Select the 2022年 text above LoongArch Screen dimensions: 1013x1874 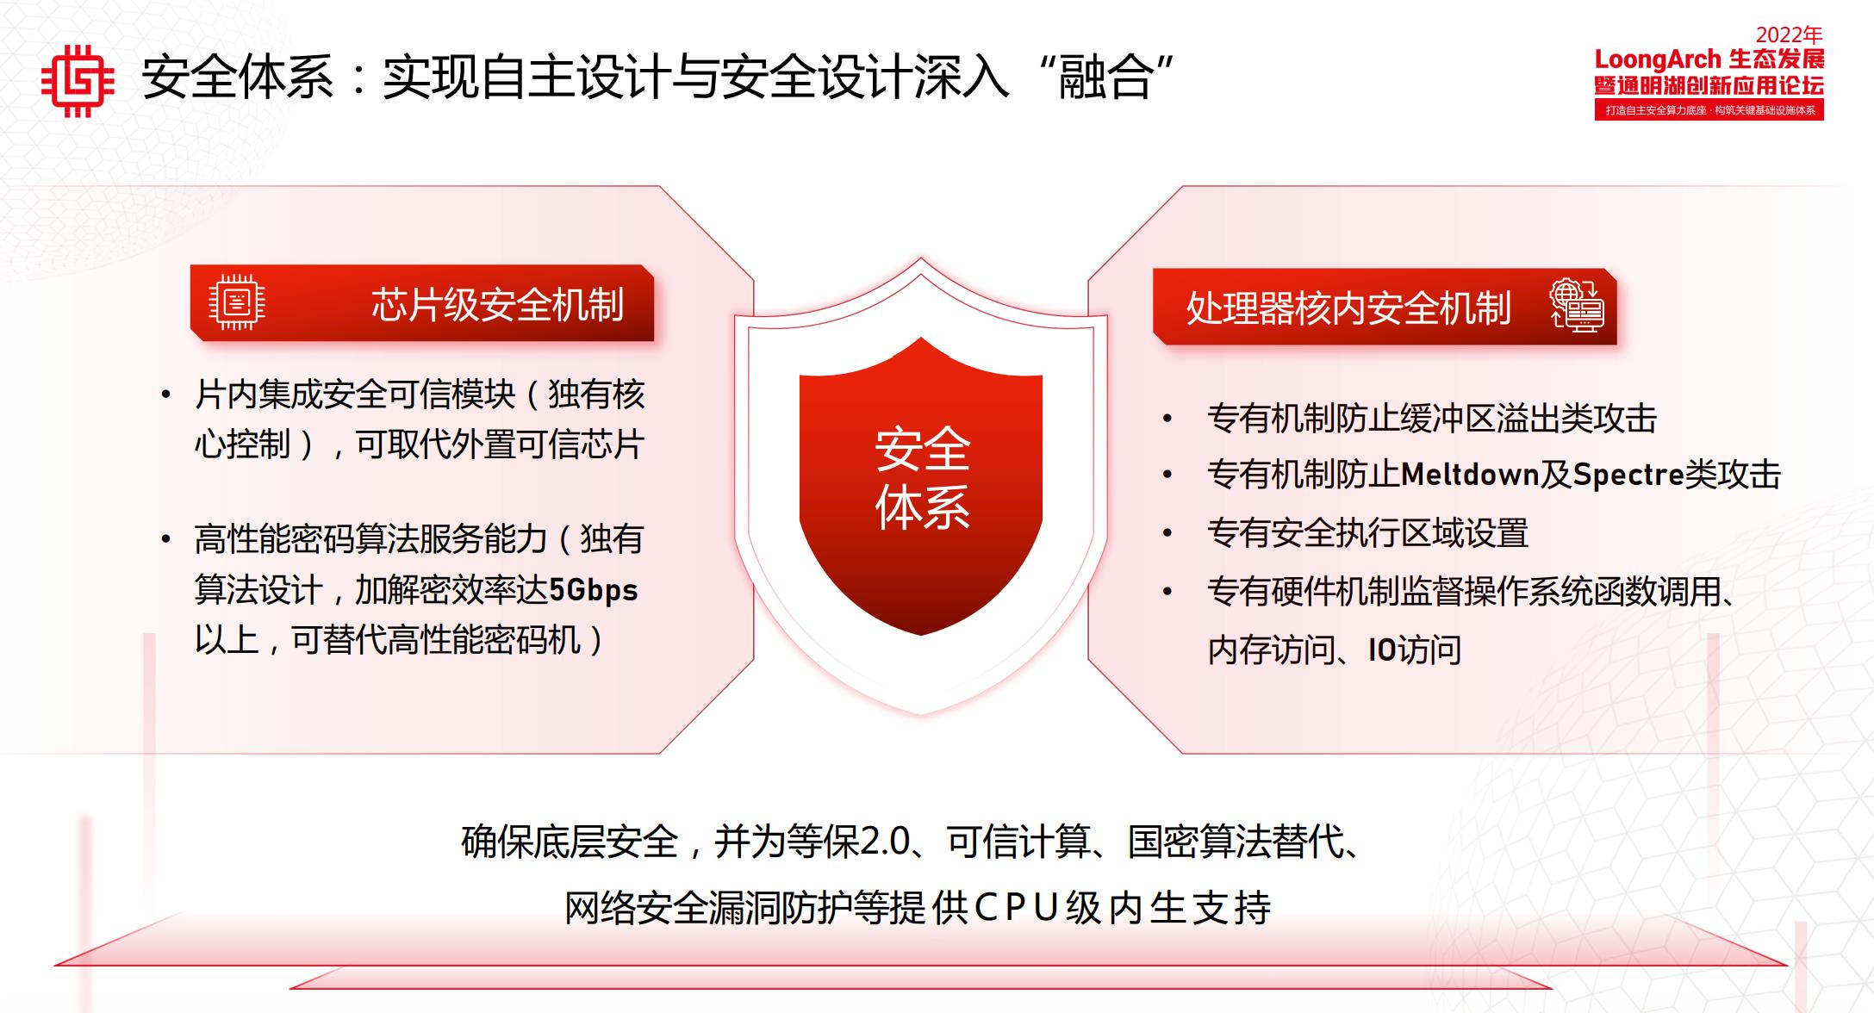pos(1789,35)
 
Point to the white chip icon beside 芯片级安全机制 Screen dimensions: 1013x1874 pos(237,302)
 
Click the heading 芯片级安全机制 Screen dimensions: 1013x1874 pos(497,305)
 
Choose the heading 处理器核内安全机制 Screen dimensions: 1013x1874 pos(1348,308)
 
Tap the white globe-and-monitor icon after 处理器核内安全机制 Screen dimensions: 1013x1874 pos(1577,306)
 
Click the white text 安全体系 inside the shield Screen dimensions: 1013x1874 pos(922,478)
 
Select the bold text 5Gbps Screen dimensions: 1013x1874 pos(593,591)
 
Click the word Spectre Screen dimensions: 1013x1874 pos(1628,475)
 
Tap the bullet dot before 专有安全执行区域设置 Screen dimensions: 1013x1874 pos(1167,534)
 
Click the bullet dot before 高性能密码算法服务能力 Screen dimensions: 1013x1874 pos(165,540)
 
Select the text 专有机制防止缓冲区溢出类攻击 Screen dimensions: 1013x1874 pos(1431,419)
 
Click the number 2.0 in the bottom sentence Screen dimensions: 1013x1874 pos(886,842)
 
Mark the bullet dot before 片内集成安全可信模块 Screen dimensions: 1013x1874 pos(165,395)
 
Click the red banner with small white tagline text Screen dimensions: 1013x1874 pos(1709,110)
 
